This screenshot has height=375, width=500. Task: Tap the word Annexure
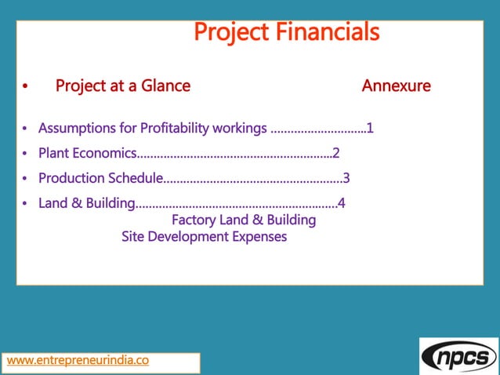point(396,86)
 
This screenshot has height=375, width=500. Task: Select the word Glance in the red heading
point(165,86)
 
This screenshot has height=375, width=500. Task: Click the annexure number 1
point(370,128)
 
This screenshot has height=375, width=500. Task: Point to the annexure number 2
point(335,153)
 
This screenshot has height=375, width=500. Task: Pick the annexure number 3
point(346,178)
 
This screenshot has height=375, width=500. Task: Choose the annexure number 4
point(342,204)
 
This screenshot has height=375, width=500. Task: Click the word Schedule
point(133,178)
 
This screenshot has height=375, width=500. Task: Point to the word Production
point(71,178)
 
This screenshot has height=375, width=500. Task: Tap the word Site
point(133,236)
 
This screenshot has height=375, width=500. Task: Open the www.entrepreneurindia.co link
point(78,361)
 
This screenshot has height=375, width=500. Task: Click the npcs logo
point(458,357)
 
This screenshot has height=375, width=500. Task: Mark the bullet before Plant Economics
point(26,154)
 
